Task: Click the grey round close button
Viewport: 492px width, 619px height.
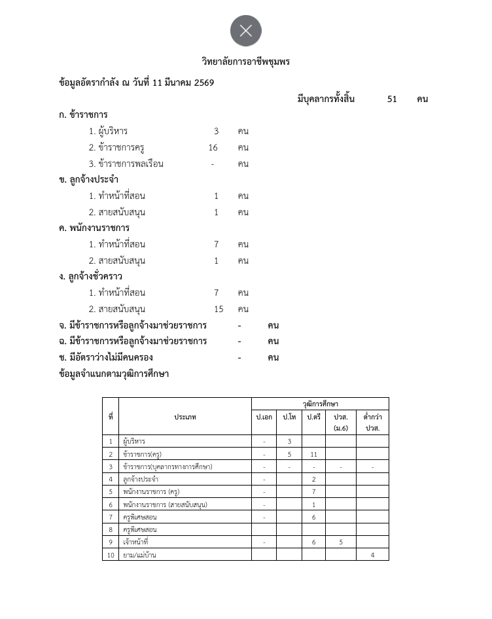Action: pyautogui.click(x=246, y=31)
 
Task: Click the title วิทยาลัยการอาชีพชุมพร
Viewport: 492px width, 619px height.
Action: pyautogui.click(x=246, y=62)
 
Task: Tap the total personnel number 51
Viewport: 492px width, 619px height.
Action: pyautogui.click(x=392, y=99)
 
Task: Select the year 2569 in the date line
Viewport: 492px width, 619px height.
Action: pyautogui.click(x=204, y=82)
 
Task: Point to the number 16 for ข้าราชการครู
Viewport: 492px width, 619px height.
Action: pyautogui.click(x=213, y=147)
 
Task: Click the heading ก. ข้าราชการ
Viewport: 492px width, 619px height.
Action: pyautogui.click(x=83, y=115)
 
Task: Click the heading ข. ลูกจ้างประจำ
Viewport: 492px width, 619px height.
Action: pyautogui.click(x=88, y=179)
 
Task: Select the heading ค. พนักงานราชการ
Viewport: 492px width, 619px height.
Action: pyautogui.click(x=94, y=228)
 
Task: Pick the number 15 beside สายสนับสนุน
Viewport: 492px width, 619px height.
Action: pyautogui.click(x=219, y=309)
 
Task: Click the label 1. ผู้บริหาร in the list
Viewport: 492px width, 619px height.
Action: pyautogui.click(x=109, y=131)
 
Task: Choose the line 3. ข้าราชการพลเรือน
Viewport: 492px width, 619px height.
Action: pyautogui.click(x=126, y=164)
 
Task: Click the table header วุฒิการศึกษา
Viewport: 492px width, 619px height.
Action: pyautogui.click(x=320, y=404)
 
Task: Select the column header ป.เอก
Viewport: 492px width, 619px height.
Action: pyautogui.click(x=264, y=417)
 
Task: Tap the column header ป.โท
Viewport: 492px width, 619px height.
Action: pyautogui.click(x=289, y=417)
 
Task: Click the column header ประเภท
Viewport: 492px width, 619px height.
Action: pyautogui.click(x=185, y=417)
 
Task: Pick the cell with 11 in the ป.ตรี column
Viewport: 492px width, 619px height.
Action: pyautogui.click(x=314, y=454)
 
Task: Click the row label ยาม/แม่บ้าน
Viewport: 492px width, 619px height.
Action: pyautogui.click(x=139, y=555)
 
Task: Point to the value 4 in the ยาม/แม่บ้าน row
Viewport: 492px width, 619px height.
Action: pyautogui.click(x=372, y=555)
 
